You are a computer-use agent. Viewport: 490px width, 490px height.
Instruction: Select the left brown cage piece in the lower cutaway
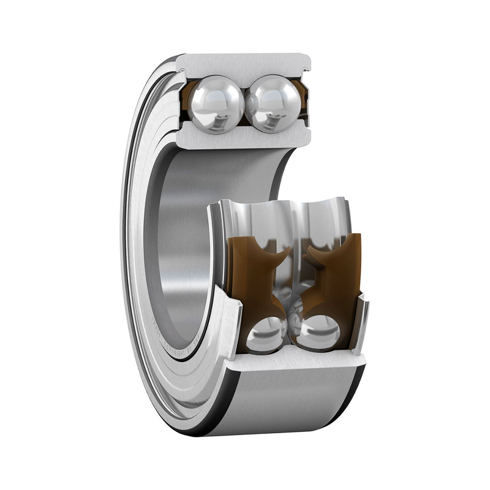pyautogui.click(x=251, y=269)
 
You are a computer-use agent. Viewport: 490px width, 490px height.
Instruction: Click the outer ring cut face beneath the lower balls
pyautogui.click(x=294, y=363)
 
